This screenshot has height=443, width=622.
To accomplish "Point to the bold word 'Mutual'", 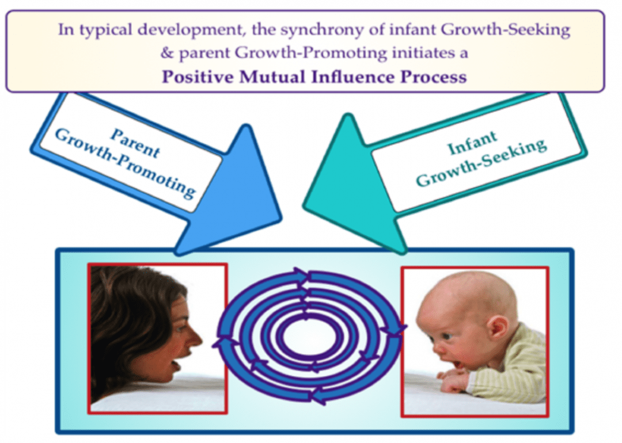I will click(275, 77).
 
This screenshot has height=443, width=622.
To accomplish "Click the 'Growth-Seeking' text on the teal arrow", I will click(481, 163).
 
